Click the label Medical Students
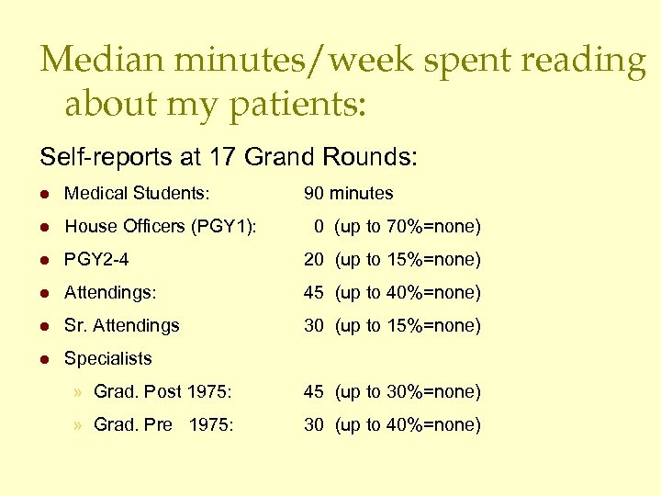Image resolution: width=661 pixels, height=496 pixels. (x=137, y=194)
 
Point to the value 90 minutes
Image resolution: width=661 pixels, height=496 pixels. (x=349, y=194)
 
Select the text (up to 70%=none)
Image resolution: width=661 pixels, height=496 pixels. (x=408, y=227)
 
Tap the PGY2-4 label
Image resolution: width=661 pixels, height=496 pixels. (x=96, y=260)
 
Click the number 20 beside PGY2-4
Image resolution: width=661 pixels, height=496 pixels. (x=314, y=260)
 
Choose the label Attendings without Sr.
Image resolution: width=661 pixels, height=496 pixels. (x=110, y=293)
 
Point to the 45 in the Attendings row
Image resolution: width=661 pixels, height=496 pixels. (x=314, y=293)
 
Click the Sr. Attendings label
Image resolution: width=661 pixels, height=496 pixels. (x=122, y=326)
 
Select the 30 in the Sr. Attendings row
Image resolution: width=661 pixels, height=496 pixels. (x=314, y=326)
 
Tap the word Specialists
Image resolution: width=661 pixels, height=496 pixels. (x=108, y=359)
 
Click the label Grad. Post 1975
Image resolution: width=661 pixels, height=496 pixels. (x=162, y=392)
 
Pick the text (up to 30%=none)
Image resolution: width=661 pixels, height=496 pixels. (x=408, y=392)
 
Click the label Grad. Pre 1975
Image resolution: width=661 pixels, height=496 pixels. (x=163, y=425)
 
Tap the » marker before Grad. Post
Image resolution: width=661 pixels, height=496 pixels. (x=80, y=392)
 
